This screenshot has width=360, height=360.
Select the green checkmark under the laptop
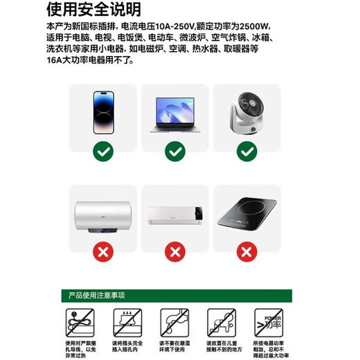click(x=176, y=150)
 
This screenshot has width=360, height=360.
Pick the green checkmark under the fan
click(x=246, y=150)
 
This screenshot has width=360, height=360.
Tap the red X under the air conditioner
click(x=176, y=251)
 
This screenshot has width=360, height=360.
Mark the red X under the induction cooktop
click(x=246, y=251)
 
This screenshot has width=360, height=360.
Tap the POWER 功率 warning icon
click(x=272, y=321)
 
